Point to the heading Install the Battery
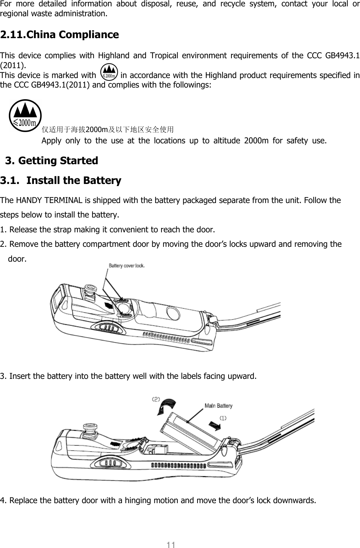click(x=73, y=181)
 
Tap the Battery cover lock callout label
click(x=126, y=266)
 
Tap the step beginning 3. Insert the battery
click(x=128, y=376)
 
